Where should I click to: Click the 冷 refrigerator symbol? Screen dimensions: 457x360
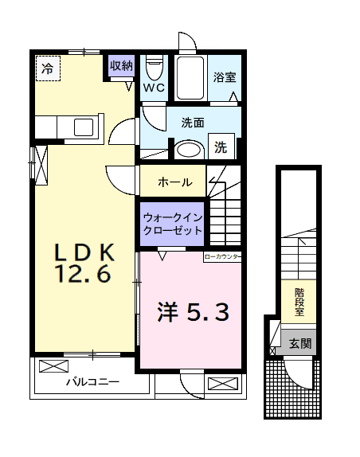(x=47, y=68)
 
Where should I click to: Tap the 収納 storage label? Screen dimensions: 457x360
(x=121, y=66)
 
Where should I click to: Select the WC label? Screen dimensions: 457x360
(x=154, y=88)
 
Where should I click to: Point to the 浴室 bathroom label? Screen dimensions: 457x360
(x=224, y=78)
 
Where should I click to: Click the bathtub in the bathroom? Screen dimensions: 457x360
(x=190, y=77)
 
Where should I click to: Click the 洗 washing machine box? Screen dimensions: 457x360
(x=221, y=147)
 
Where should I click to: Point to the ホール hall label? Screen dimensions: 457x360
(x=174, y=182)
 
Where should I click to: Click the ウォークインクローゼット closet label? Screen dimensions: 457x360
(x=171, y=223)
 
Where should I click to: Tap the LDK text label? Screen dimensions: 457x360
(x=85, y=253)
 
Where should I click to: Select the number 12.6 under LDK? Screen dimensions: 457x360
(x=83, y=276)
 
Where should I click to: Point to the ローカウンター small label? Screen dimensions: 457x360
(x=222, y=257)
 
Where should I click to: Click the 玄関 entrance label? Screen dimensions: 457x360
(x=300, y=344)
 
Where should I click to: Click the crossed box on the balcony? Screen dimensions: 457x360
(x=54, y=367)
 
